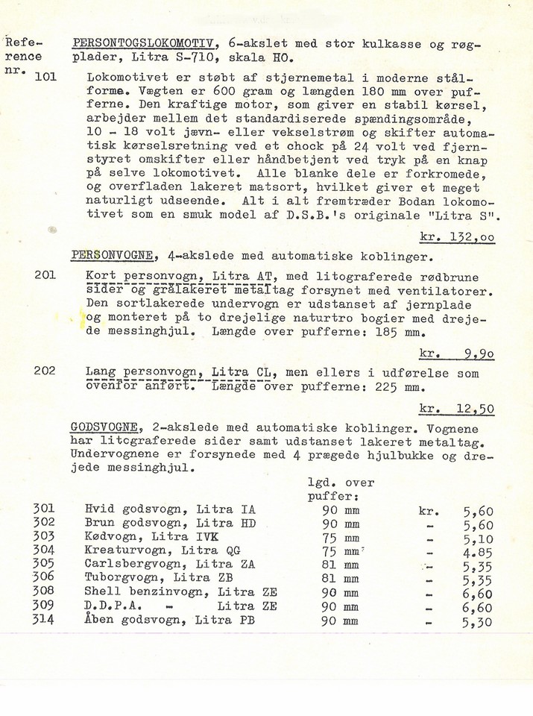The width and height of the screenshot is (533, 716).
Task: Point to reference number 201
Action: click(45, 275)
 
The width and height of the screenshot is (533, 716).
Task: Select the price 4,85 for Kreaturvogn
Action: click(477, 552)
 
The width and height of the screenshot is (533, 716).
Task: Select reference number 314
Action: click(43, 619)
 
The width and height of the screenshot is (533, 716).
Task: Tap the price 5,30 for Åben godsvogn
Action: click(477, 621)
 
